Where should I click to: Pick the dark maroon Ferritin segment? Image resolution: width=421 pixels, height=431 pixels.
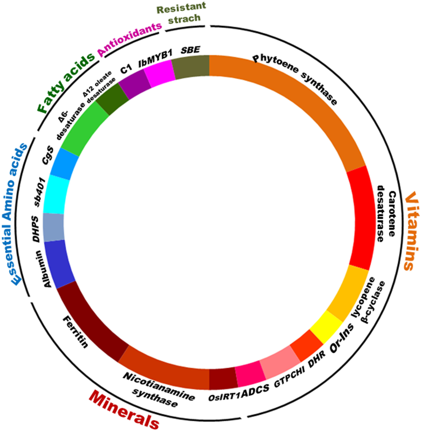click(x=89, y=322)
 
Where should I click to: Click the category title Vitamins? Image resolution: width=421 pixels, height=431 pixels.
click(x=411, y=230)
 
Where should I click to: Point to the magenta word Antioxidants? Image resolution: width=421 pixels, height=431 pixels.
click(x=129, y=39)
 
